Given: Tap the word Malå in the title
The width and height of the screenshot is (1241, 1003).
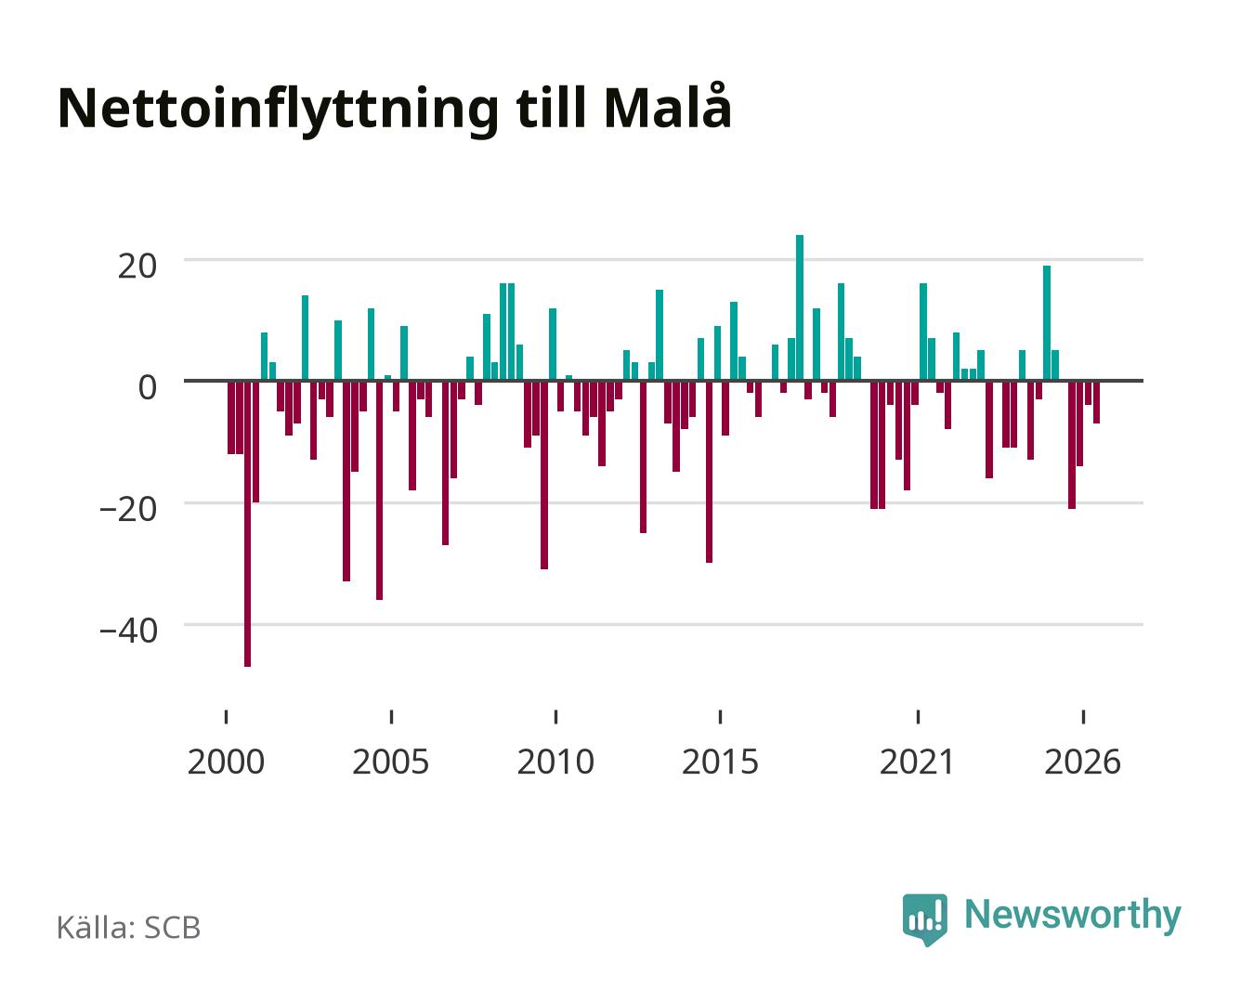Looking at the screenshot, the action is [668, 106].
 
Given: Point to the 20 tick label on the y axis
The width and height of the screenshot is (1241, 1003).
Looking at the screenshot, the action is [137, 267].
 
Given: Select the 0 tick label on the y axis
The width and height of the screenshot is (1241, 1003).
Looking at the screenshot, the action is [148, 387].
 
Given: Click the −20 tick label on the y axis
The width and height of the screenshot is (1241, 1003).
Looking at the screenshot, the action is [129, 510].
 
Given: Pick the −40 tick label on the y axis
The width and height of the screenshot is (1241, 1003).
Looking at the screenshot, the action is [129, 631].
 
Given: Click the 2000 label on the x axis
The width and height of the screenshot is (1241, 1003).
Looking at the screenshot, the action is [226, 762].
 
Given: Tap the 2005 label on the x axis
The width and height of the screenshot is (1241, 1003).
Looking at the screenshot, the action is [391, 762].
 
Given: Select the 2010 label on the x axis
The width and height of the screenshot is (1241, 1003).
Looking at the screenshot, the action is [555, 762].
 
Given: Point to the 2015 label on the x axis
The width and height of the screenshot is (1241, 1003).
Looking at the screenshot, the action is [721, 762].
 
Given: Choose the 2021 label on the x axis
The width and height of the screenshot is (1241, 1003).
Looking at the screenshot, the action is [918, 762].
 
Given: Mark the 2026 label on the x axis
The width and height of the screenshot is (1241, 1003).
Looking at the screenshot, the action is [1083, 762].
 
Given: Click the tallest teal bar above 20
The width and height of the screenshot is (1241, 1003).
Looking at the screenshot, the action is [800, 308].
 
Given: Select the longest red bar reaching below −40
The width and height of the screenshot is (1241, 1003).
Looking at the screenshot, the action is [248, 524].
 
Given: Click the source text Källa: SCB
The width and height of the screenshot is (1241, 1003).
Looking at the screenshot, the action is [129, 928].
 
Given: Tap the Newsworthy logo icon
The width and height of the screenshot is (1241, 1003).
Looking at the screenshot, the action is [925, 919].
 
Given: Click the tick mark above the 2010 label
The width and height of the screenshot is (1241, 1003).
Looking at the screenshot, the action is [555, 717].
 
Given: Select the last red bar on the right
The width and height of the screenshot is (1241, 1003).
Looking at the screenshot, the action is [1096, 402].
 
